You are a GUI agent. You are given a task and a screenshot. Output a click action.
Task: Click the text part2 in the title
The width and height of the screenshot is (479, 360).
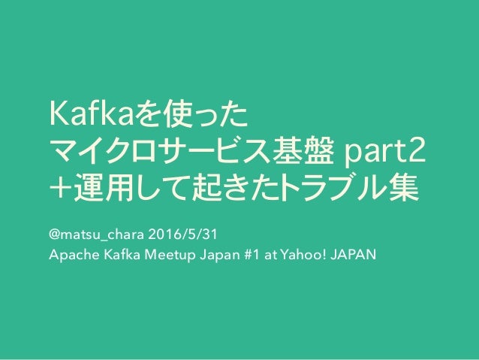pos(383,153)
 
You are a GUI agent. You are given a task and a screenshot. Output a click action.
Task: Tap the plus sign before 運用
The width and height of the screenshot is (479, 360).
pos(59,189)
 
